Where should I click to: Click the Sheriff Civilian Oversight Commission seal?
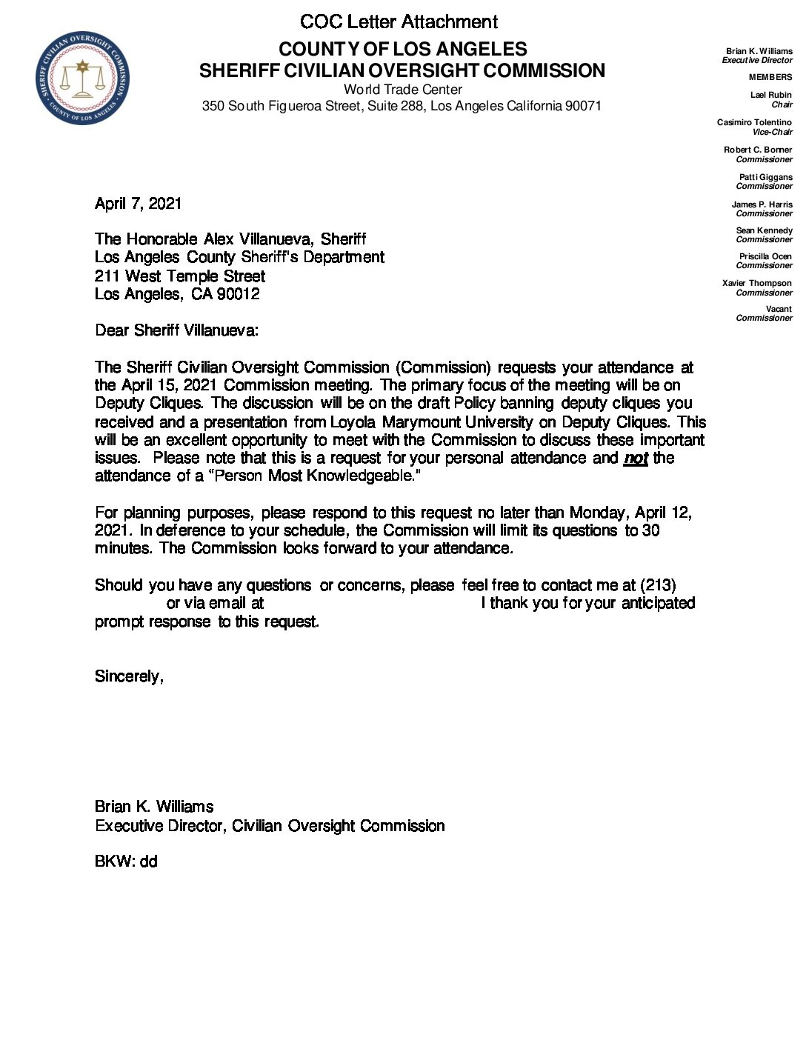coord(82,78)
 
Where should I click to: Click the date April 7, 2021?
coord(138,204)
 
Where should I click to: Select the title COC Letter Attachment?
coord(399,21)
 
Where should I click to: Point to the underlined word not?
coord(636,458)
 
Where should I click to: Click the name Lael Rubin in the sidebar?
coord(770,95)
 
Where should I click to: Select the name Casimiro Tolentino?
coord(754,122)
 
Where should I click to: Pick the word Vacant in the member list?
coord(779,309)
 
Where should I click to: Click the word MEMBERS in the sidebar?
coord(770,77)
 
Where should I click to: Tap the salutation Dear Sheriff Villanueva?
coord(176,330)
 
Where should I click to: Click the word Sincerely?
coord(129,676)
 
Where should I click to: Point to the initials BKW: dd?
coord(126,862)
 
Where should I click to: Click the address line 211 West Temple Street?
coord(180,276)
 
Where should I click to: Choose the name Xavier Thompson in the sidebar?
coord(756,283)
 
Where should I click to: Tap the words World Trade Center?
coord(403,90)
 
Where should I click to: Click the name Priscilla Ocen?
coord(765,256)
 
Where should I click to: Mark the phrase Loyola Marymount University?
coord(431,422)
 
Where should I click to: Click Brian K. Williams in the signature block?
coord(154,807)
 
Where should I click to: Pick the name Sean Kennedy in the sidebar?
coord(764,230)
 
